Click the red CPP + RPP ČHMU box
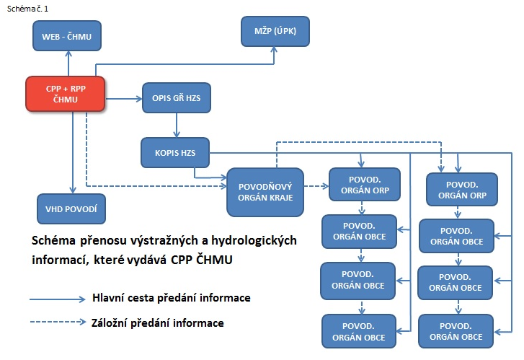pos(66,94)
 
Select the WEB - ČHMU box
pos(66,35)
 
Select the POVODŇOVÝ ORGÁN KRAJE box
pos(265,192)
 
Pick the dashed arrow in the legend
pos(57,322)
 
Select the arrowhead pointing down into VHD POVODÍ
pos(71,189)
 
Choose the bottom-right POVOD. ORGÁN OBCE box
pos(456,332)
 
